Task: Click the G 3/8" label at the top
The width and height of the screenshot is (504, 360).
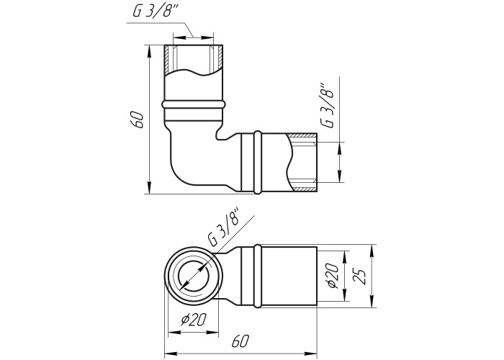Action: pos(156,12)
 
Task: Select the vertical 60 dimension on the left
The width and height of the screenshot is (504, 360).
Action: pos(138,120)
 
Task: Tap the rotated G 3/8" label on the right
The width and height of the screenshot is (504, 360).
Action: pos(327,106)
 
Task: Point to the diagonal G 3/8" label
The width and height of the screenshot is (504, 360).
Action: pos(225,227)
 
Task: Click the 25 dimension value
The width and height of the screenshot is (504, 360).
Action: pos(359,276)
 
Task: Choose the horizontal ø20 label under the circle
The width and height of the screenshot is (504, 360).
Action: pos(193,319)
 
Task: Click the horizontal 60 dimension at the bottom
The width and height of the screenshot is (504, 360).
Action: pos(240,341)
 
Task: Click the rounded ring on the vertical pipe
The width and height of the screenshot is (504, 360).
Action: pos(194,104)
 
